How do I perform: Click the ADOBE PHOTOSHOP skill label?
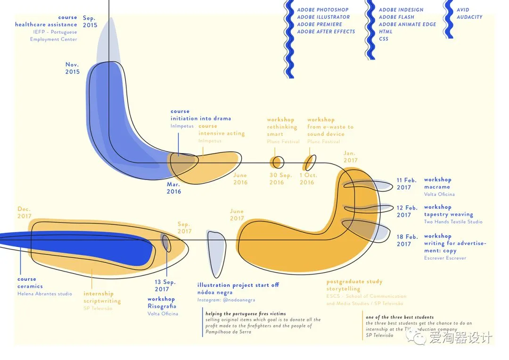[x=323, y=10]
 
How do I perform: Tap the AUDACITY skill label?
[x=469, y=17]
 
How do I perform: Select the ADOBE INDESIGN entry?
[x=401, y=10]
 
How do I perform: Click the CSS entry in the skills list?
[x=384, y=39]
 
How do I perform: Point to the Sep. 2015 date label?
[x=90, y=22]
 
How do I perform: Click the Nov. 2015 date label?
[x=73, y=68]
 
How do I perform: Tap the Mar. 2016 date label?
[x=173, y=188]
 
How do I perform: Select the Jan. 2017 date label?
[x=350, y=157]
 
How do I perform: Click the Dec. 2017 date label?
[x=25, y=213]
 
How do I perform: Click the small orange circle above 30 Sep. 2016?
[x=277, y=162]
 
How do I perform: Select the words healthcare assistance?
[x=46, y=25]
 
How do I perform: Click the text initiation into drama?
[x=201, y=119]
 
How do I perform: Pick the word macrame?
[x=437, y=187]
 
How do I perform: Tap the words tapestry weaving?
[x=448, y=214]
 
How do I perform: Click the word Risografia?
[x=162, y=306]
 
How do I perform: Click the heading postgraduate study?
[x=354, y=282]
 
